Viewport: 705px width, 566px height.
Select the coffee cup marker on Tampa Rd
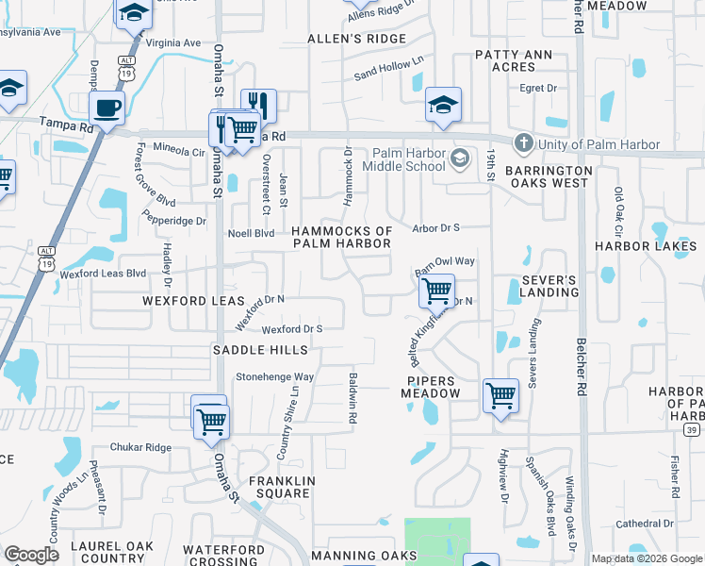(107, 108)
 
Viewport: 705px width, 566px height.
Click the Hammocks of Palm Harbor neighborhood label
(341, 237)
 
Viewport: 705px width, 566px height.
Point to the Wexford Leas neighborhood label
(187, 300)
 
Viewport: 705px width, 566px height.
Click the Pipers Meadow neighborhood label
(430, 387)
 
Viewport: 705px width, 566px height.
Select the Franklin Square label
(280, 487)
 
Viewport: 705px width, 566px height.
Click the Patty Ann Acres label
(513, 60)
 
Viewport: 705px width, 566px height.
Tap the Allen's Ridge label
(357, 39)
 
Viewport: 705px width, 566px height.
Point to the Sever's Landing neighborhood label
(549, 287)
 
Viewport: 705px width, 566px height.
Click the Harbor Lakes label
(645, 246)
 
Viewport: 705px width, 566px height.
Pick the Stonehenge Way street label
(274, 376)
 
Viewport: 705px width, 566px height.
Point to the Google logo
(32, 555)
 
